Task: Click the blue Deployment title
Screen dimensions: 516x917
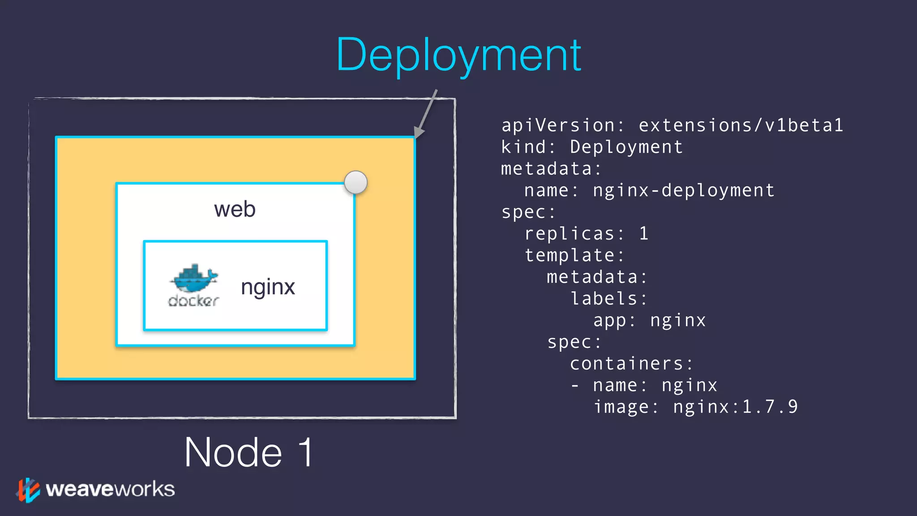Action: pyautogui.click(x=458, y=56)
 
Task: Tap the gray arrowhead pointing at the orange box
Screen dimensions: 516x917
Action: pyautogui.click(x=418, y=132)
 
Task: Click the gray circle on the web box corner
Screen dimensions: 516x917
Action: pyautogui.click(x=356, y=182)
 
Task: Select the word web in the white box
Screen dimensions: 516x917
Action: pyautogui.click(x=235, y=210)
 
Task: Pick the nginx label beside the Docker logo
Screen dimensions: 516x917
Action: pyautogui.click(x=268, y=287)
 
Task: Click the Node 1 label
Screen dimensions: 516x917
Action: pyautogui.click(x=249, y=452)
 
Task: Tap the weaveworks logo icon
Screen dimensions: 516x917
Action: pyautogui.click(x=28, y=490)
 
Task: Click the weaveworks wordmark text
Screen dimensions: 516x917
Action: pyautogui.click(x=110, y=489)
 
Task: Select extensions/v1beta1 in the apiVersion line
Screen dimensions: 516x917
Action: pyautogui.click(x=741, y=125)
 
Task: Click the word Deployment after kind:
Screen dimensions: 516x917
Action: pyautogui.click(x=626, y=147)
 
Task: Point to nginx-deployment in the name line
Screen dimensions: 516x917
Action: pyautogui.click(x=683, y=191)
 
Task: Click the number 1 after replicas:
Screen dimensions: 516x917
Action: pyautogui.click(x=643, y=234)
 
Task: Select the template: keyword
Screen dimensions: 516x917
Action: pyautogui.click(x=574, y=255)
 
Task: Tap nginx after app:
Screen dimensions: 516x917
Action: pyautogui.click(x=678, y=321)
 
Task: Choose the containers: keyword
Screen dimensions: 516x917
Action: pyautogui.click(x=631, y=364)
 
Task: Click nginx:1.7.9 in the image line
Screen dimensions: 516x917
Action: pyautogui.click(x=735, y=407)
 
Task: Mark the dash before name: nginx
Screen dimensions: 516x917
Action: pyautogui.click(x=575, y=386)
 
